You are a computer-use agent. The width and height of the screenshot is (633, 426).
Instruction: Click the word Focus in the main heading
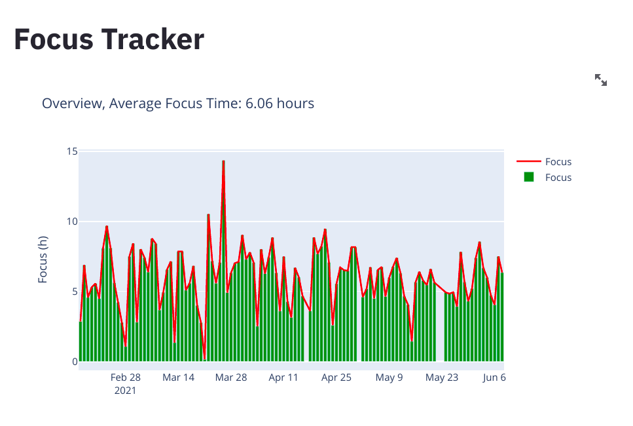click(53, 39)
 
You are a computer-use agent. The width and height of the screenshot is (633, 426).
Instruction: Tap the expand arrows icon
click(600, 80)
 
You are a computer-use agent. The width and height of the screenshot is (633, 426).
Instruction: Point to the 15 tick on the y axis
click(71, 151)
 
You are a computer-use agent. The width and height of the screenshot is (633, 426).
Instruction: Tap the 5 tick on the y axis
click(74, 292)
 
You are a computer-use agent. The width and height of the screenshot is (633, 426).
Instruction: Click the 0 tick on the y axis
click(74, 362)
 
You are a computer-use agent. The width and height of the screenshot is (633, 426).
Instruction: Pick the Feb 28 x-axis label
click(125, 378)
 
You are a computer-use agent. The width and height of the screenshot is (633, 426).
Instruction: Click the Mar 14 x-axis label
click(178, 378)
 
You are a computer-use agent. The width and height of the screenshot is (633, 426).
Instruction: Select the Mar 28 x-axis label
click(231, 378)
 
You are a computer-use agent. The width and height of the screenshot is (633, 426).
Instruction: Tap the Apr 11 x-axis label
click(283, 378)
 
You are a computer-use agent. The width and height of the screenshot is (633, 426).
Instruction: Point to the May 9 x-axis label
click(389, 378)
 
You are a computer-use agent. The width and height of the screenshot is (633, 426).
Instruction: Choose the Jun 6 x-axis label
click(494, 378)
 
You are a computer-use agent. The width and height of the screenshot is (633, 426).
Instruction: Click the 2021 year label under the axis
click(125, 391)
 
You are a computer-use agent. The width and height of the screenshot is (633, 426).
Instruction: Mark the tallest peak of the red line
click(223, 161)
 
